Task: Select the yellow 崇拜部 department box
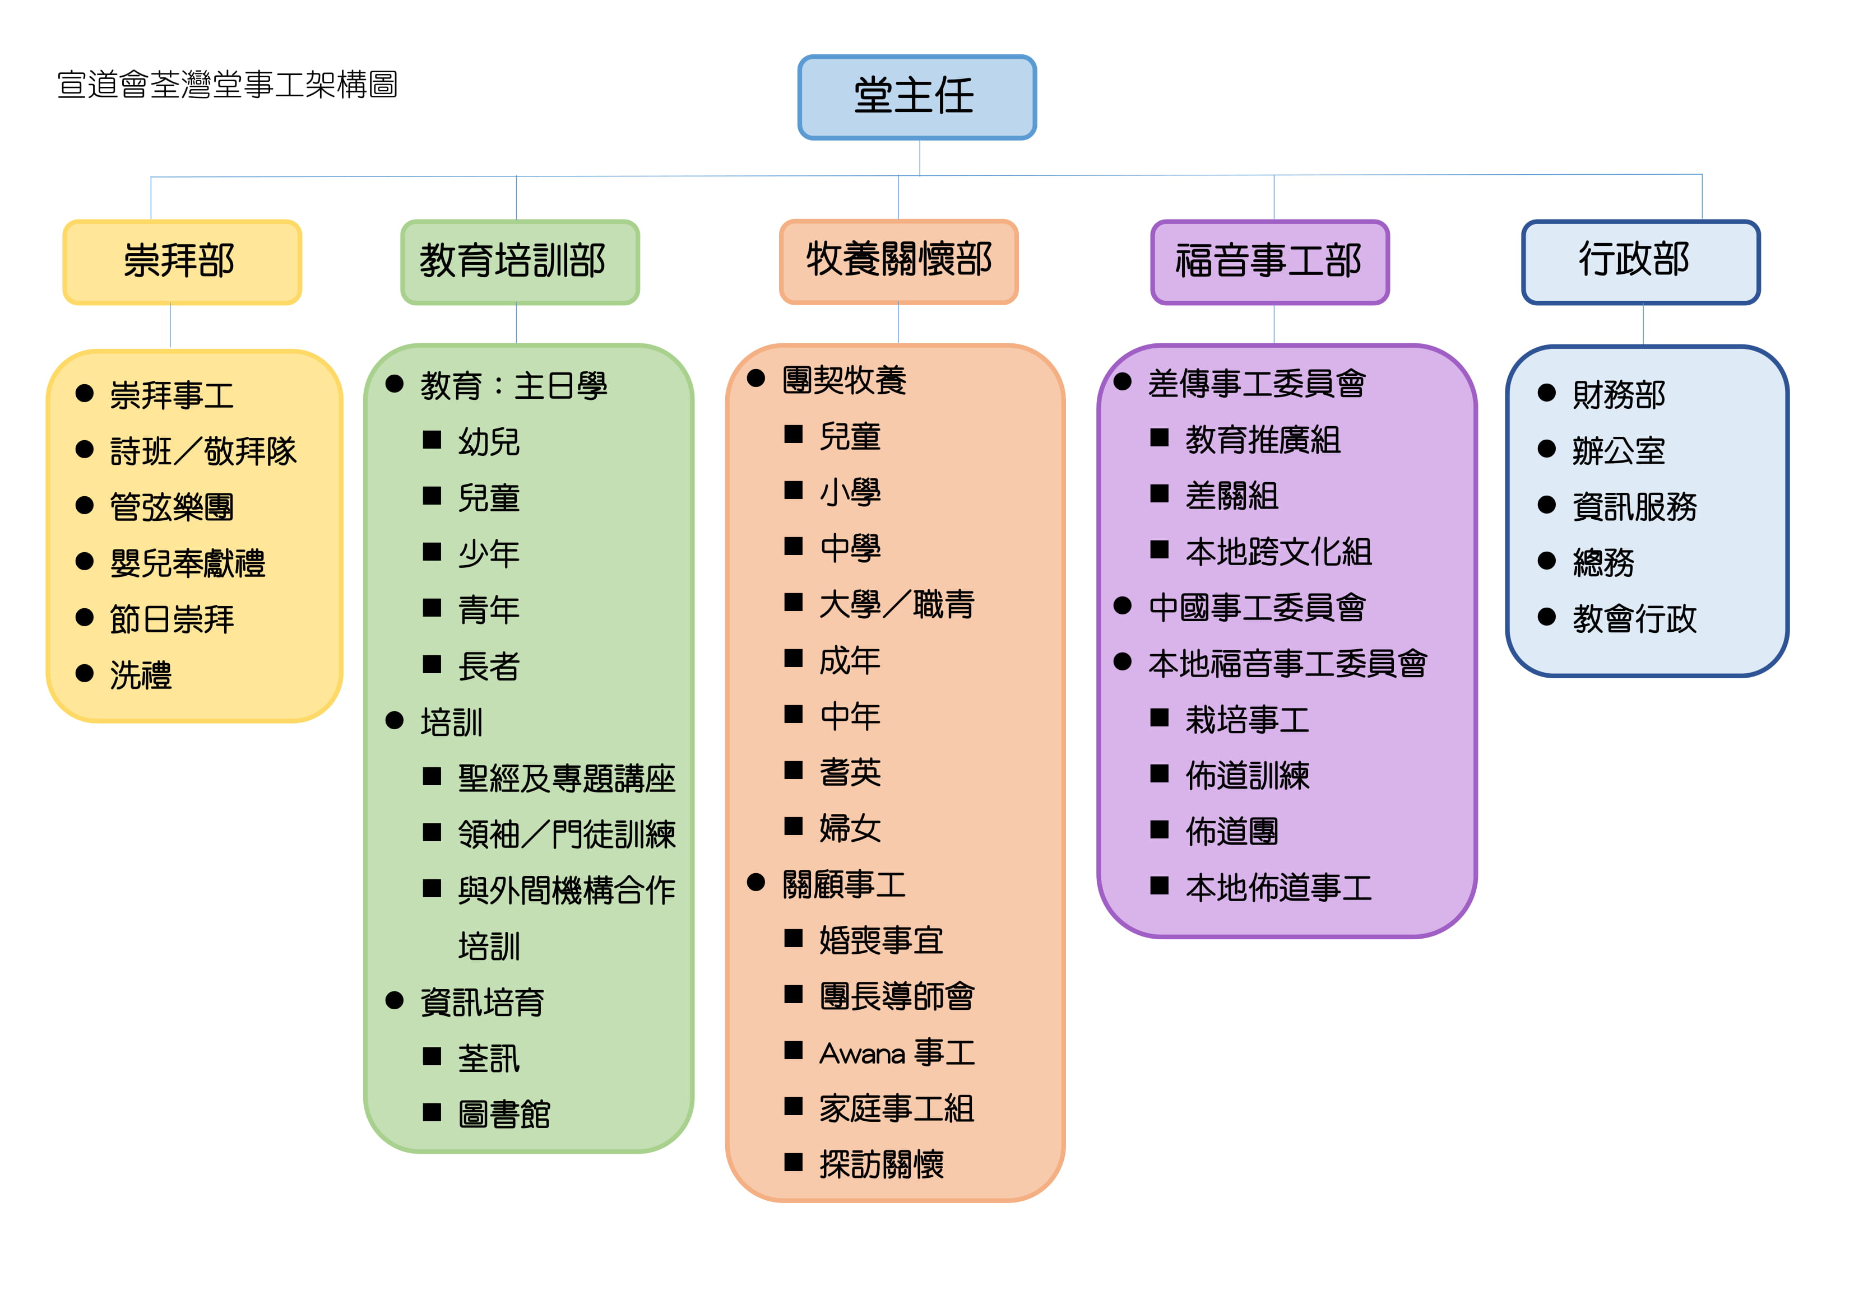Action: click(183, 262)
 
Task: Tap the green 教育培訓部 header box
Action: click(520, 262)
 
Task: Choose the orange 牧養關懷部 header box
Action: click(899, 262)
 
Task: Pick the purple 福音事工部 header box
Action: click(1270, 262)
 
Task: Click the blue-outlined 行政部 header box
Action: click(1641, 262)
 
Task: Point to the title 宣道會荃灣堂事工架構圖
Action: click(228, 85)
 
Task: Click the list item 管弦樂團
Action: click(172, 507)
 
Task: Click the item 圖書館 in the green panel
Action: click(504, 1115)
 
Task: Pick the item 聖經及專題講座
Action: click(567, 778)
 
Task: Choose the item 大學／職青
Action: click(897, 604)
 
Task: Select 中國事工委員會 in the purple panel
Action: click(1257, 608)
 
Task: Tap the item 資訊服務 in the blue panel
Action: click(1635, 507)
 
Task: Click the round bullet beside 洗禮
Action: click(85, 673)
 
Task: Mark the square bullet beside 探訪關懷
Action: click(794, 1162)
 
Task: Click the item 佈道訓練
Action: click(1248, 776)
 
